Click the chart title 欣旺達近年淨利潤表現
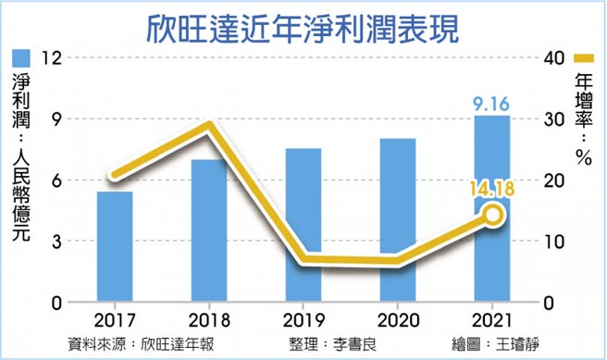click(x=303, y=25)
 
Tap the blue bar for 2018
click(x=209, y=231)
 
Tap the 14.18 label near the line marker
click(x=492, y=191)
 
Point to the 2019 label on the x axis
click(x=304, y=320)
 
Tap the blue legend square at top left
click(x=21, y=58)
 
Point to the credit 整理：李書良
click(x=336, y=342)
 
